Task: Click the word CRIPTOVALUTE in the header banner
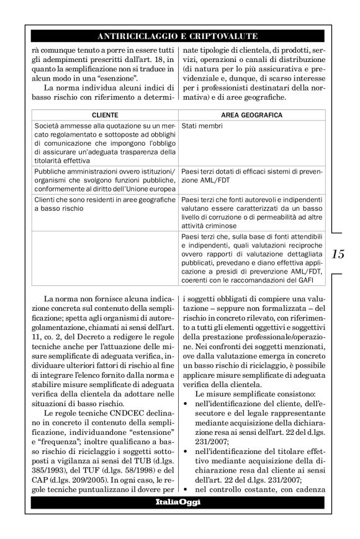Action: click(228, 36)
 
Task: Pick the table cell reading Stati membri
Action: click(199, 126)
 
